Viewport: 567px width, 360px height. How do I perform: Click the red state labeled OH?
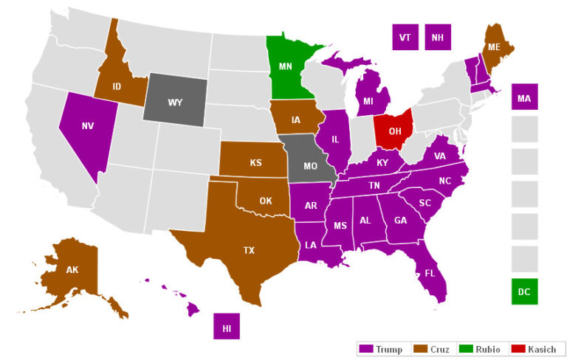[394, 131]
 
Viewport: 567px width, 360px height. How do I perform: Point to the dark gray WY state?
[175, 102]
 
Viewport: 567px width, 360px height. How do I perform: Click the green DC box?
[524, 291]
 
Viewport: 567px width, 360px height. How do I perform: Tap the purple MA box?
[524, 97]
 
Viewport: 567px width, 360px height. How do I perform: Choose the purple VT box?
[405, 37]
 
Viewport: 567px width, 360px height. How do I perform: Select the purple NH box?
[438, 37]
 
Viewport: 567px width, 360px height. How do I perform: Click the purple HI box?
[227, 326]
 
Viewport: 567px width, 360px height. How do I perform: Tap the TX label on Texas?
[249, 250]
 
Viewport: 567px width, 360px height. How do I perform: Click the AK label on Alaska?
[72, 269]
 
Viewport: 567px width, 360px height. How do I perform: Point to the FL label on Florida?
[430, 273]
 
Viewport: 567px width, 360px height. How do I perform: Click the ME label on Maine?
[493, 47]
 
